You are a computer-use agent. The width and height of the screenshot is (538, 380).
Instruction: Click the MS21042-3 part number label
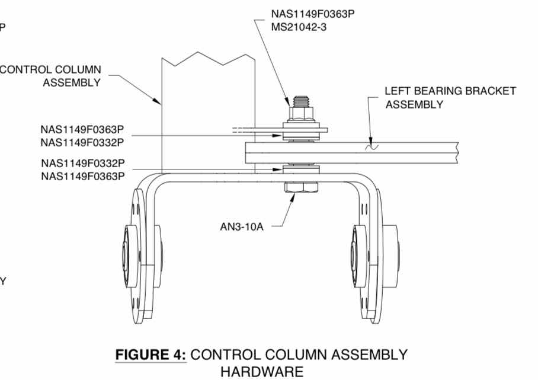299,27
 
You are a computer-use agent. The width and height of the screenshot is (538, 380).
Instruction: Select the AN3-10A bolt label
242,226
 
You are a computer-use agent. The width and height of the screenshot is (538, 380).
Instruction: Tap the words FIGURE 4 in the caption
150,355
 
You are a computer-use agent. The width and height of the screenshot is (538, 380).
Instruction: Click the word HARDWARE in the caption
262,372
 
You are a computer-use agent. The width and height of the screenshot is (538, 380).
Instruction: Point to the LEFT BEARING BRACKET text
450,91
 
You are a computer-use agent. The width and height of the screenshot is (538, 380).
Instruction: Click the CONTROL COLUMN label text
50,70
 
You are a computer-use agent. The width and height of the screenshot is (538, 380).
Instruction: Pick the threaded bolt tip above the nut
301,101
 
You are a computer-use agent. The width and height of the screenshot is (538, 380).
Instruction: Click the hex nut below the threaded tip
301,114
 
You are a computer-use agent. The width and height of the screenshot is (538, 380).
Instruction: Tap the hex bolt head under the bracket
301,187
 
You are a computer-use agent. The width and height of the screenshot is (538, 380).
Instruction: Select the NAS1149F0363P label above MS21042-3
313,14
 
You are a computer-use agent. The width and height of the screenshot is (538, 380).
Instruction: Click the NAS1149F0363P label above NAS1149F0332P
82,129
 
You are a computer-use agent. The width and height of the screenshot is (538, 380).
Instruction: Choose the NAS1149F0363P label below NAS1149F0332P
83,176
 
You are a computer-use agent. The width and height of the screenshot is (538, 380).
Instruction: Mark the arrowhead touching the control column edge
157,101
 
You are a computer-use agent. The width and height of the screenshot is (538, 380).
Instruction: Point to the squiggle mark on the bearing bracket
372,147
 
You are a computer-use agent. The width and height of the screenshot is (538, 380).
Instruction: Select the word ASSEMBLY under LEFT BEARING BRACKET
414,104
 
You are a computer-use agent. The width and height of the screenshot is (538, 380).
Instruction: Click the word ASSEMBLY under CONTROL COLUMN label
72,83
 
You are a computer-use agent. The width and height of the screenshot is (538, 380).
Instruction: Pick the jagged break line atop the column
209,59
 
